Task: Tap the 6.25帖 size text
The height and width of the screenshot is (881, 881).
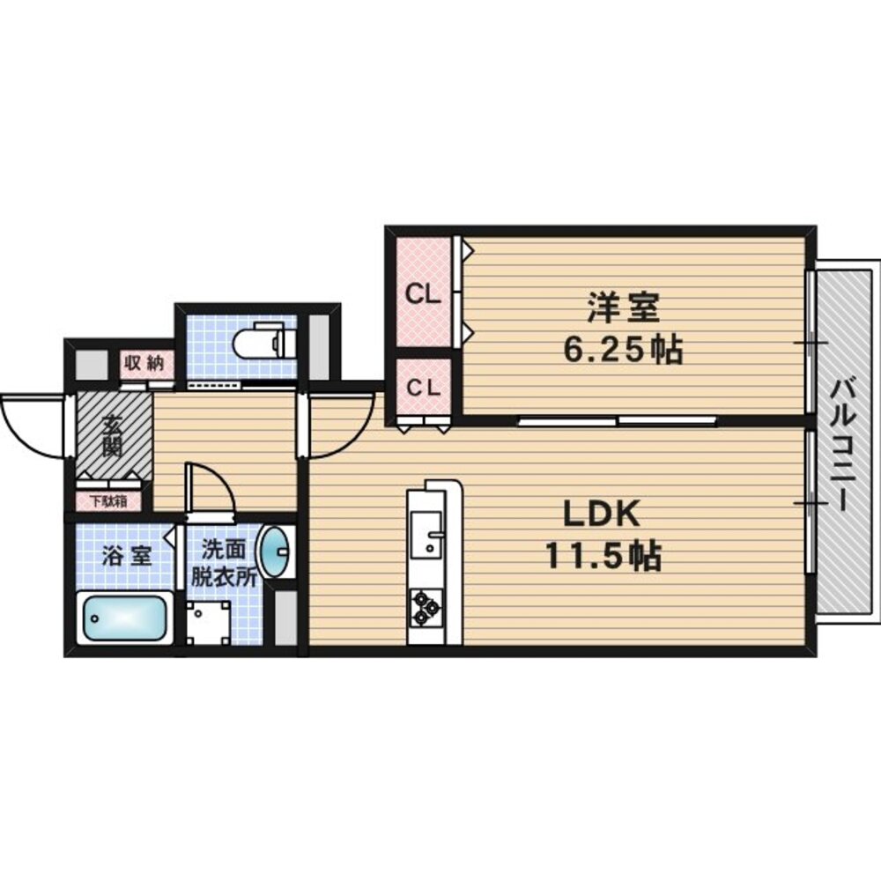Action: click(x=623, y=351)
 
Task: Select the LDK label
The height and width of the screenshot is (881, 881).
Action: click(x=602, y=514)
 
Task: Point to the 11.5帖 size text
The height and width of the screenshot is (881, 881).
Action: click(x=603, y=555)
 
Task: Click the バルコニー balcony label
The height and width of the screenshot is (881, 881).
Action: click(x=843, y=444)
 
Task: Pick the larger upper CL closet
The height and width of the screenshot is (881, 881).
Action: click(x=424, y=292)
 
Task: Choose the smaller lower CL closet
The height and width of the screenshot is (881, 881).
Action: click(x=424, y=387)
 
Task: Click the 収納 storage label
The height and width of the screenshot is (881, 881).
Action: click(x=144, y=364)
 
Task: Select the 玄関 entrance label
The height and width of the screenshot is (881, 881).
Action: click(x=113, y=435)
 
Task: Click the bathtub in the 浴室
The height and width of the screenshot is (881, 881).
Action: click(x=125, y=618)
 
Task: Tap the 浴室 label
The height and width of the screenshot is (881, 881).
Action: click(x=126, y=556)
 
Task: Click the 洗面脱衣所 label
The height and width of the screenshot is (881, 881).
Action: click(x=223, y=563)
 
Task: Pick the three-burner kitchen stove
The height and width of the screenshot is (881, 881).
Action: click(x=426, y=607)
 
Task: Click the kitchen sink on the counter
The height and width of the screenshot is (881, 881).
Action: click(x=427, y=535)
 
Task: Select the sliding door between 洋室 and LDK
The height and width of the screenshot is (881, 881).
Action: click(x=617, y=419)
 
